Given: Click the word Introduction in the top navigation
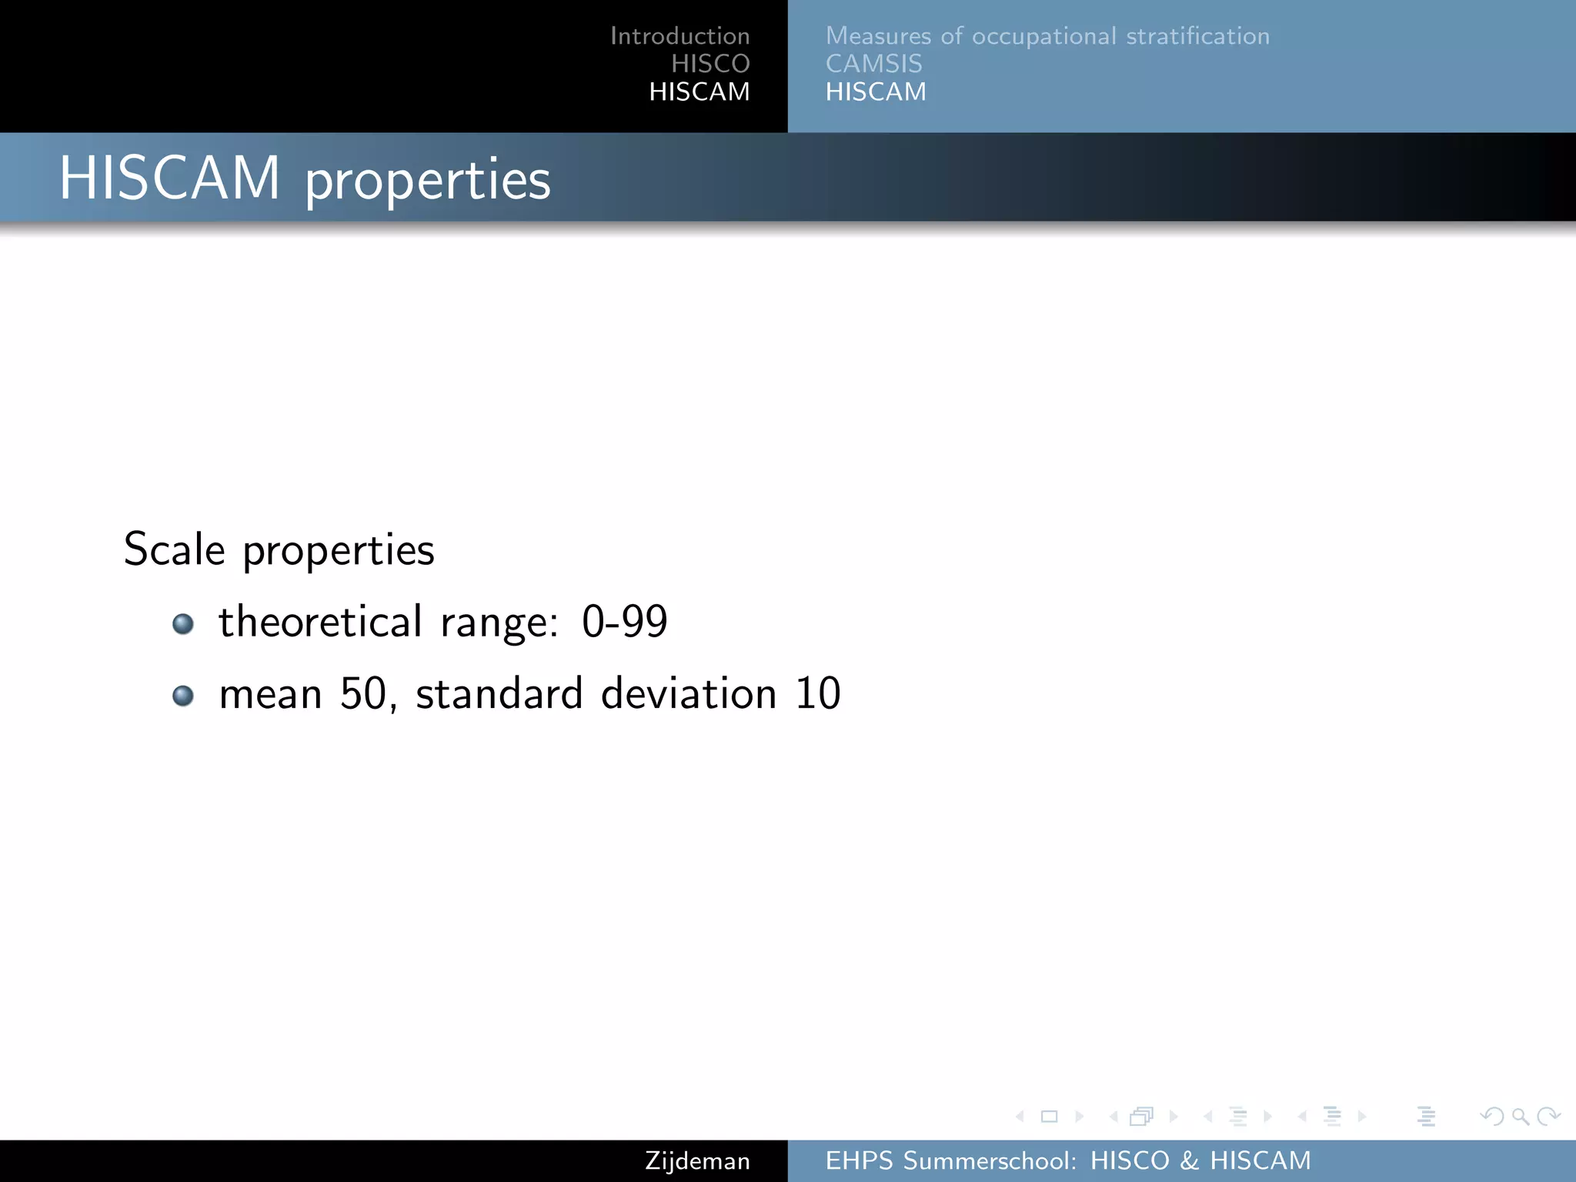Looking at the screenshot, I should coord(679,36).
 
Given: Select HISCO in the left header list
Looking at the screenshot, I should coord(710,64).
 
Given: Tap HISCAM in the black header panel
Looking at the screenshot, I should coord(699,92).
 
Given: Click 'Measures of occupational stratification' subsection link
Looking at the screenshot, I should coord(1047,36).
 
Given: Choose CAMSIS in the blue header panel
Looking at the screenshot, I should coord(873,64).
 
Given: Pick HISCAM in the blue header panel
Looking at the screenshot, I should coord(876,92).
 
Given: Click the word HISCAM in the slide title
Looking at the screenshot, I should coord(170,179).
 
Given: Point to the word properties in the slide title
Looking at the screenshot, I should coord(428,182).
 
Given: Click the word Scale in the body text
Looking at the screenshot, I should coord(175,549).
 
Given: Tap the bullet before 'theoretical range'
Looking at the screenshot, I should coord(183,623).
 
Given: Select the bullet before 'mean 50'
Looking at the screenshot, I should coord(183,696).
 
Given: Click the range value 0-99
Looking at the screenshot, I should coord(624,622).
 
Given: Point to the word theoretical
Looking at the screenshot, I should coord(320,622).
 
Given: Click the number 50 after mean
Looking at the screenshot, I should coord(362,693).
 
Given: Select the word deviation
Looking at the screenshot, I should coord(689,693).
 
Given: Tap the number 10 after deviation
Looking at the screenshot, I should coord(817,693).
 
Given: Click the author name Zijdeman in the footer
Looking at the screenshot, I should coord(697,1160).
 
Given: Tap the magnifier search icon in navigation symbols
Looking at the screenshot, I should coord(1520,1116).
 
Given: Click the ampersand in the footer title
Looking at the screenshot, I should coord(1189,1160).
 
